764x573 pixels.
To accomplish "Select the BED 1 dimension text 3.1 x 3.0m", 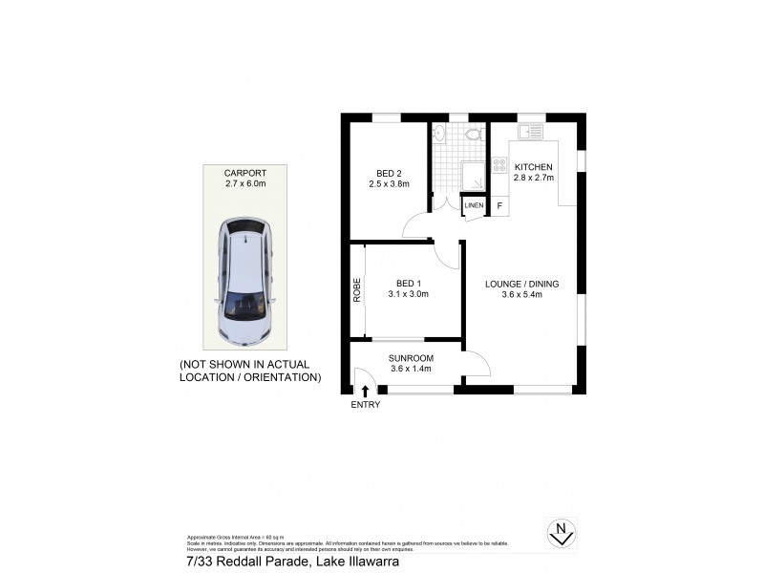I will tap(408, 294).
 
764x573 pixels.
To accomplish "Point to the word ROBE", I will tap(357, 290).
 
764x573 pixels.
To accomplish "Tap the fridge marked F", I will tap(499, 205).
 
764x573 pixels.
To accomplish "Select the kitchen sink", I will tap(529, 132).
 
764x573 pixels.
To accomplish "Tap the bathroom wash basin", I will tap(438, 134).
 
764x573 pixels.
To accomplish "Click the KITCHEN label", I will tap(534, 166).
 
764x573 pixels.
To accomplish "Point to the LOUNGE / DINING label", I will tap(521, 284).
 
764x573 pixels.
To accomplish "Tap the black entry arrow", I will tap(365, 390).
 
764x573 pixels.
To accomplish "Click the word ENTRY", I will tap(365, 405).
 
